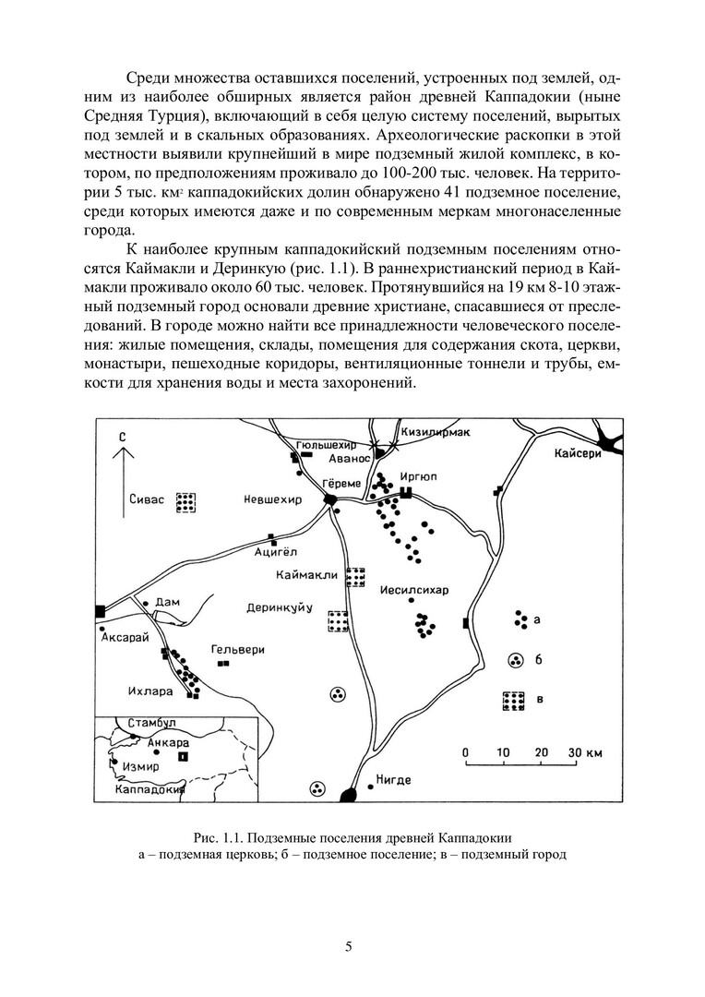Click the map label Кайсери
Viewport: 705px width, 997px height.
[578, 453]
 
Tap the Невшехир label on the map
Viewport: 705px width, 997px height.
[272, 499]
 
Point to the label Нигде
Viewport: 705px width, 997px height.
[394, 780]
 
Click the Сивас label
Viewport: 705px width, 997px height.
[146, 499]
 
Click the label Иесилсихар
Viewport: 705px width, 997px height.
[413, 591]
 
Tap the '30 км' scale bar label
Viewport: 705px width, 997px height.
[584, 751]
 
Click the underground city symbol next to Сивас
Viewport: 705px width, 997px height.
[187, 502]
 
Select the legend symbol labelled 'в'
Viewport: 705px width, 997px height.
[511, 701]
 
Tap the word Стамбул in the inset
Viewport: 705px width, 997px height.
[152, 723]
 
